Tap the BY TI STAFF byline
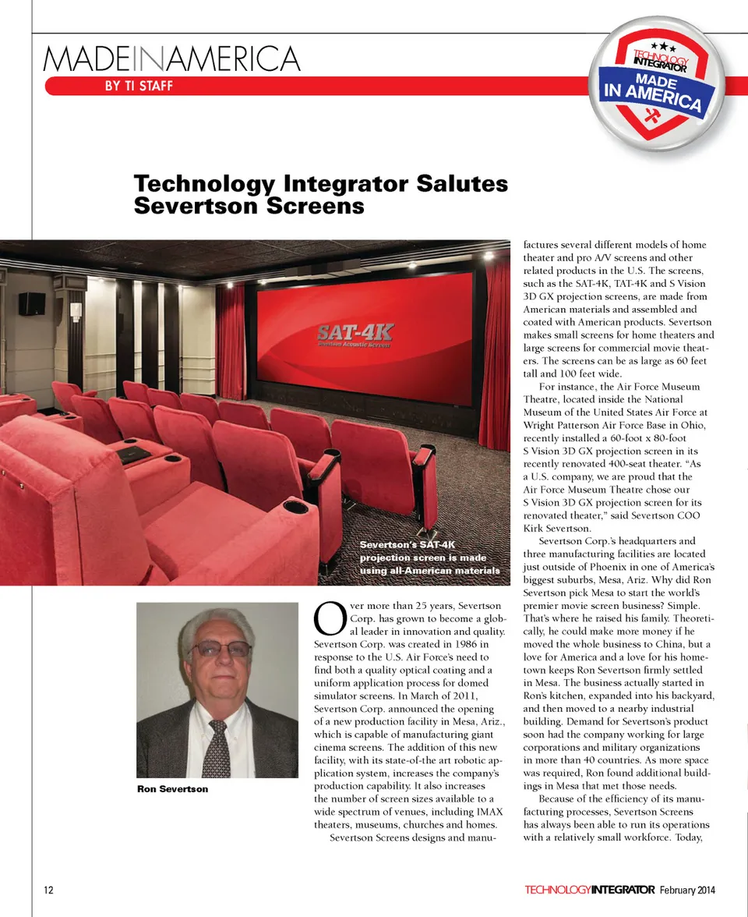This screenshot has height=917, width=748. [139, 86]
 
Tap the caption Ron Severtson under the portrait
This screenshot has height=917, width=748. [172, 789]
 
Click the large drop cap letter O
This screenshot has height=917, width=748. [326, 618]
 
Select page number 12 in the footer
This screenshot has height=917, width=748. [48, 890]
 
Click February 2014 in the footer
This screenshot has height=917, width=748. [687, 890]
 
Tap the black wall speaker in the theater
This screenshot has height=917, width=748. [32, 303]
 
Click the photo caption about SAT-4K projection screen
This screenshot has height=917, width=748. [429, 558]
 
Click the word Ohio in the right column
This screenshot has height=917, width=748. [695, 426]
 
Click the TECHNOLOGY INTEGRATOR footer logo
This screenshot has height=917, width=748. [589, 890]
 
